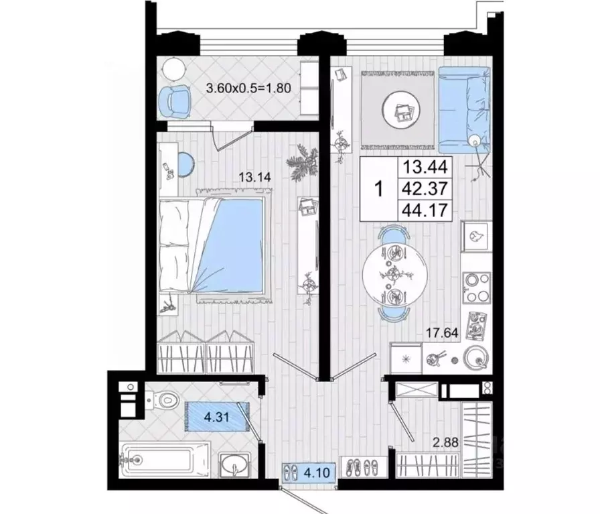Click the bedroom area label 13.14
click(x=255, y=178)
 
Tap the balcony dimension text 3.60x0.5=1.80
click(x=248, y=88)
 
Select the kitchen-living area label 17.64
click(x=443, y=333)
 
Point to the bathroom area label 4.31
click(x=216, y=417)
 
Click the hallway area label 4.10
click(x=317, y=472)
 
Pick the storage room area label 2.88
click(x=445, y=442)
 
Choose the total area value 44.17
click(x=425, y=210)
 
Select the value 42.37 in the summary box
click(x=425, y=188)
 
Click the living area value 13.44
click(x=425, y=167)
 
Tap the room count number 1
click(x=379, y=189)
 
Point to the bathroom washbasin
click(x=234, y=464)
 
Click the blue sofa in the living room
click(x=464, y=110)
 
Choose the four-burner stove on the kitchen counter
click(x=476, y=287)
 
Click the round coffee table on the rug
click(x=402, y=110)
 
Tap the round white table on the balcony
click(x=174, y=69)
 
